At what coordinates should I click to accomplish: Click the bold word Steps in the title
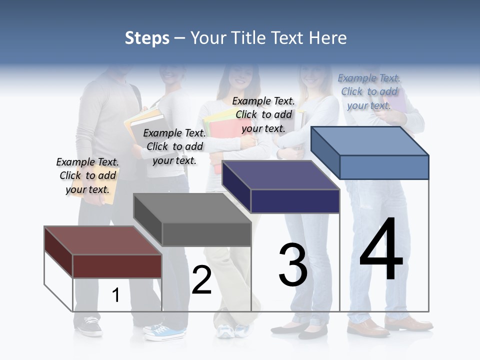pos(147,38)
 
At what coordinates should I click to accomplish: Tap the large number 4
pos(381,249)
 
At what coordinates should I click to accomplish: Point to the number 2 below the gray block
pos(201,280)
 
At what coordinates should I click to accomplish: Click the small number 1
pos(115,295)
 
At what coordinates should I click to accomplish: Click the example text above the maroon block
pos(87,175)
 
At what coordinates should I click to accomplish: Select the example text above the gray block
pos(174,146)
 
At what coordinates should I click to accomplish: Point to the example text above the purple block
pos(263,114)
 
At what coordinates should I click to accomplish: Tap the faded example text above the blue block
pos(369,91)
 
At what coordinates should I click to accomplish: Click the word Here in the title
pos(328,38)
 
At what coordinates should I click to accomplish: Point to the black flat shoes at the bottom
pos(300,330)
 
